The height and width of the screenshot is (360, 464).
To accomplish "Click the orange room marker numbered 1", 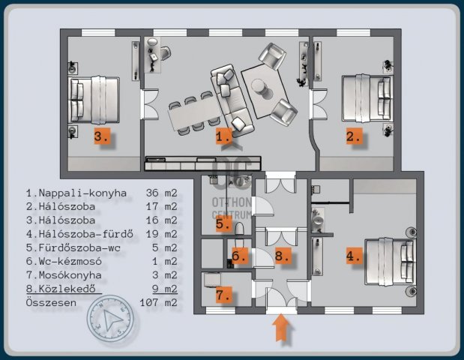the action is pos(223,136).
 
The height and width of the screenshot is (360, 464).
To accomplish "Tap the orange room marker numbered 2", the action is pos(355,136).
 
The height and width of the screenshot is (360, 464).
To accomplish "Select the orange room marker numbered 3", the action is pos(102,136).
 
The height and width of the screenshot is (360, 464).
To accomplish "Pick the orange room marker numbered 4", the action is pos(355,256).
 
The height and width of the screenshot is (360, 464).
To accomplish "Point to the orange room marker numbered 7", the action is pos(223,295).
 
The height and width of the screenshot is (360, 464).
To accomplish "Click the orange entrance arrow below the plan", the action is pos(281,328).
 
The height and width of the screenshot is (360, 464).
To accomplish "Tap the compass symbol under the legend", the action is pos(110,319).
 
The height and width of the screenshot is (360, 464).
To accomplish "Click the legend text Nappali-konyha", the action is pos(82,193).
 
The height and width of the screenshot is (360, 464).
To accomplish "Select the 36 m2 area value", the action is pos(162,193).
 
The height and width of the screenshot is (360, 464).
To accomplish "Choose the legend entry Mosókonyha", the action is pos(70,275).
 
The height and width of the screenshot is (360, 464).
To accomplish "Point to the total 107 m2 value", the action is pos(159,302).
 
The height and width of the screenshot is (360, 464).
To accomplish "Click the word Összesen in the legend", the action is pos(51,302).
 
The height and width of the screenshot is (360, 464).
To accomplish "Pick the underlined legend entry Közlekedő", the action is pos(67,289).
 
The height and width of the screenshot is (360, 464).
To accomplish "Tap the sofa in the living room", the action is pos(232,100).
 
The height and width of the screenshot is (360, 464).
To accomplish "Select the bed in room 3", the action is pos(94,100).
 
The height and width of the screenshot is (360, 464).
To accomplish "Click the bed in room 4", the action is pos(390,262).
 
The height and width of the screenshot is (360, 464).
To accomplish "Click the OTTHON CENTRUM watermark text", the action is pos(232,208).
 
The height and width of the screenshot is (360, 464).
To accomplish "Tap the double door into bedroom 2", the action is pos(319,104).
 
